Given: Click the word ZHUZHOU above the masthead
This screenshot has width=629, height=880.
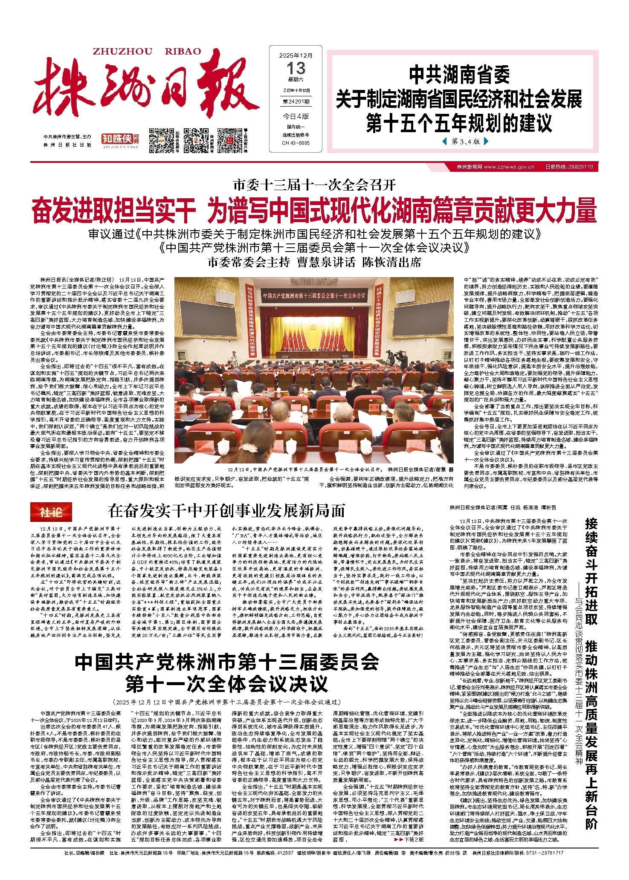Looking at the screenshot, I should coord(122,52).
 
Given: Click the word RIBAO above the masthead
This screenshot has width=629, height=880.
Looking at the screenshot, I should coord(183,52).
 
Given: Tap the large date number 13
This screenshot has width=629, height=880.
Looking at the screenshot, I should coord(296,68).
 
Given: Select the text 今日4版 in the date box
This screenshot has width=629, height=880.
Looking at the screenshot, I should coord(296,116).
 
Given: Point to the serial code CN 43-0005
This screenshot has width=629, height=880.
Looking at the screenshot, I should coord(296,143).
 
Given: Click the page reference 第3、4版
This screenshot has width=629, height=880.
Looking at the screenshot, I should coord(466,142).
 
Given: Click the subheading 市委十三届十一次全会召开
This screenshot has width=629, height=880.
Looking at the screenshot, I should coord(314,185).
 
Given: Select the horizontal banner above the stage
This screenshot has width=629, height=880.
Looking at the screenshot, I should coord(314,295).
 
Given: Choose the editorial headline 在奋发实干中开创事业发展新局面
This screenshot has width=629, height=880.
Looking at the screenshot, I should coord(226,511).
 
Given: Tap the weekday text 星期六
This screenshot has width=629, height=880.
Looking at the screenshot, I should coord(296,80).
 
